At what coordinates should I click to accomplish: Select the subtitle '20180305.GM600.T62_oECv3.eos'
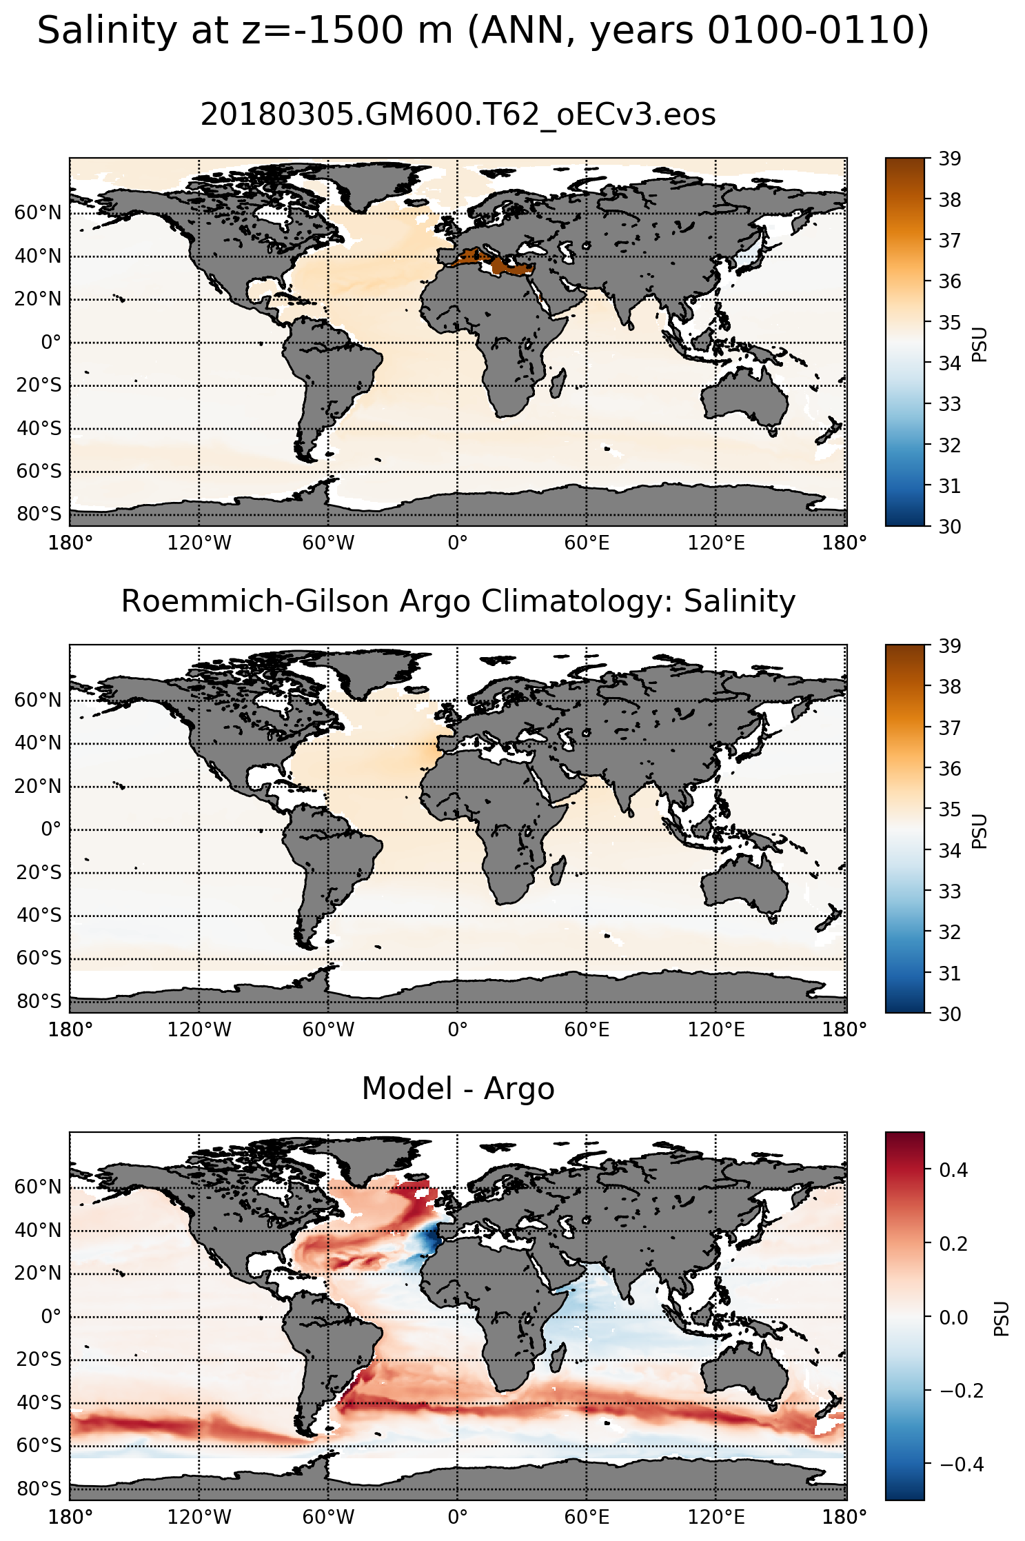click(458, 114)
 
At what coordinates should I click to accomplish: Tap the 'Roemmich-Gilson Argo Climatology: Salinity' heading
click(458, 601)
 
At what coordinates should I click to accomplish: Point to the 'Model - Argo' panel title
click(458, 1089)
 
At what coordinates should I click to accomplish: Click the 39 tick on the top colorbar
click(950, 159)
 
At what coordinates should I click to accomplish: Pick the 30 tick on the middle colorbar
click(950, 1013)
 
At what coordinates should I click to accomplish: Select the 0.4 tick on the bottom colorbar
click(953, 1169)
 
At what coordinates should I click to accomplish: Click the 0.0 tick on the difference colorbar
click(953, 1317)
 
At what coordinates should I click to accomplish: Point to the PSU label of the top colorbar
click(980, 345)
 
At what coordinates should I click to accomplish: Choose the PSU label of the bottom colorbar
click(1002, 1318)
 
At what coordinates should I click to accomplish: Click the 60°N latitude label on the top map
click(38, 213)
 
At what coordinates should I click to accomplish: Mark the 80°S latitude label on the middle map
click(39, 1002)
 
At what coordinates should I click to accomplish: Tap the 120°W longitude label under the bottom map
click(200, 1517)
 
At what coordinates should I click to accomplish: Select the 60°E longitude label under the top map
click(587, 543)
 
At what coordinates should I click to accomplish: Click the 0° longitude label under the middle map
click(458, 1030)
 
